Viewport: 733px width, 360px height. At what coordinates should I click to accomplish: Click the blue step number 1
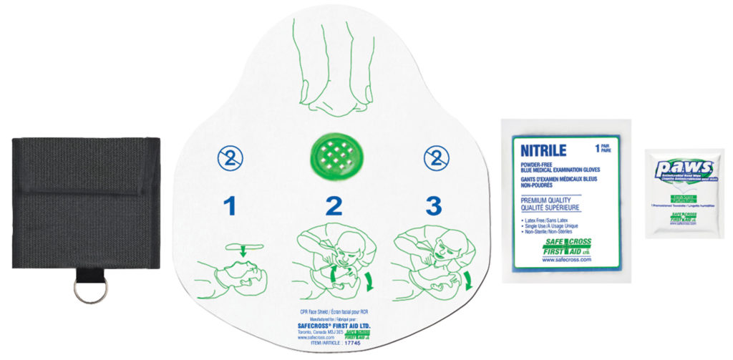[x=229, y=206]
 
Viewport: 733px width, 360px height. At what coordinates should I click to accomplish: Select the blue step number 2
[x=333, y=206]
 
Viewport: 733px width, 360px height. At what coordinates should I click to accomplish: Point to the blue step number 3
[x=434, y=206]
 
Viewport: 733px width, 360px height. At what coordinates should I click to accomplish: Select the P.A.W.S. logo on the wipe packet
[x=684, y=169]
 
